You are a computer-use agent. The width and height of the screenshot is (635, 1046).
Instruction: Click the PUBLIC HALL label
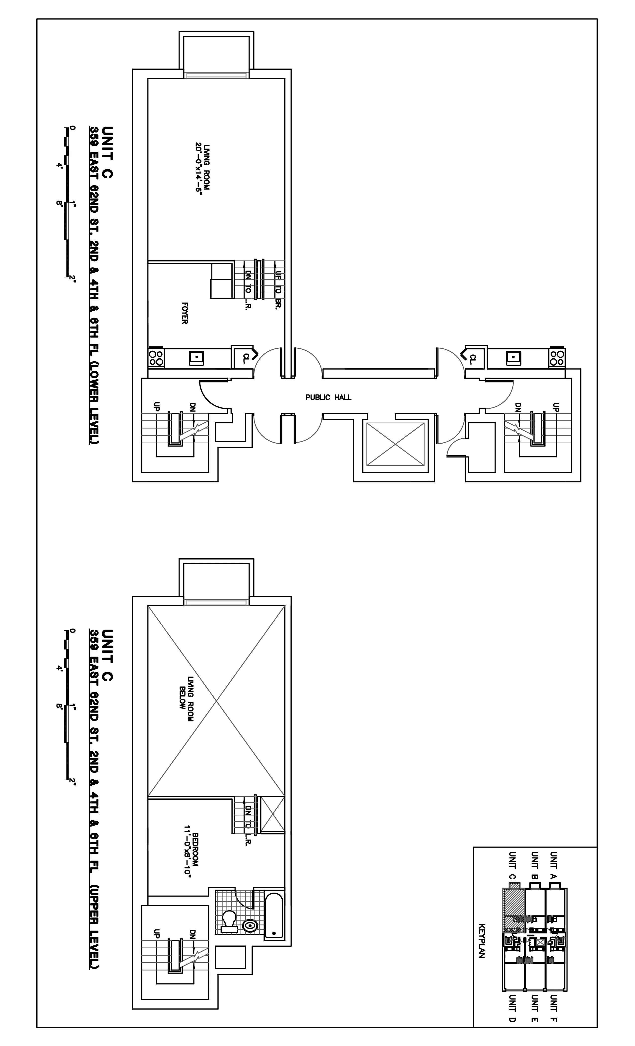point(328,397)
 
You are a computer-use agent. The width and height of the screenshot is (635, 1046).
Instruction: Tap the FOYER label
point(185,313)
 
